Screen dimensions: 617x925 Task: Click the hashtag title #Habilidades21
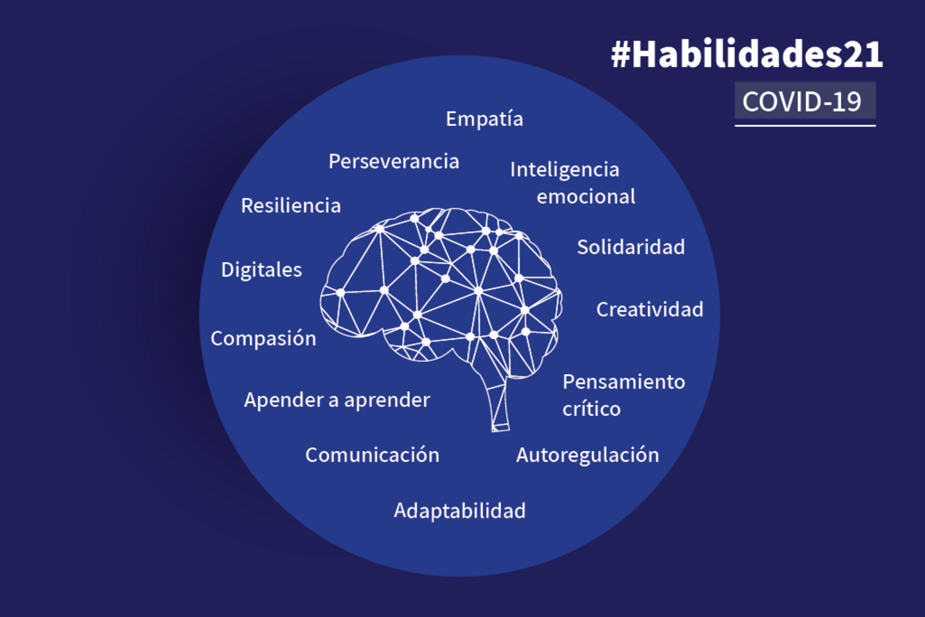click(746, 54)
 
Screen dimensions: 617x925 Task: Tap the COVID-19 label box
click(804, 101)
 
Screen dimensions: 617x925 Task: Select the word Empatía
click(484, 119)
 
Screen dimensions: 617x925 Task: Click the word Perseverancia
click(394, 161)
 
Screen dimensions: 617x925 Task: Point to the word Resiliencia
click(290, 206)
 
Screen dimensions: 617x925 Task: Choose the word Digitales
click(261, 270)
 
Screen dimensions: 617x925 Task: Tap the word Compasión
click(263, 339)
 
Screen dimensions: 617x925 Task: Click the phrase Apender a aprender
click(337, 400)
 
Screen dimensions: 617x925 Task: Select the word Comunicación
click(372, 455)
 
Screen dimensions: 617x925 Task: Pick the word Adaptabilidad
click(459, 511)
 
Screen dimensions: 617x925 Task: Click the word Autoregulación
click(587, 455)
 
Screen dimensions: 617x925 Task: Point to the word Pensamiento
click(624, 382)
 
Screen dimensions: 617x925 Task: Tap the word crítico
click(592, 409)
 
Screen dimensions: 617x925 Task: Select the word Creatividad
click(649, 310)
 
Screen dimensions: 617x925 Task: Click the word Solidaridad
click(631, 247)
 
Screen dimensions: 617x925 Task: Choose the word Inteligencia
click(565, 170)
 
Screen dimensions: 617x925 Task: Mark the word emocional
click(586, 197)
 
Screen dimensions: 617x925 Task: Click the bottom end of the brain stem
click(500, 427)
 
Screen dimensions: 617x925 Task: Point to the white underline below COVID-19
click(805, 125)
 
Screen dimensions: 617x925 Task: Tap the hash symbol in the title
click(621, 55)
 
